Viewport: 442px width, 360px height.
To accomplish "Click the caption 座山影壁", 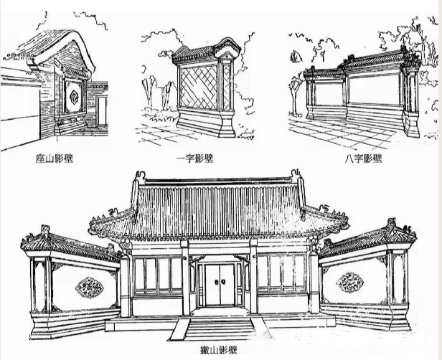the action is coord(55,158).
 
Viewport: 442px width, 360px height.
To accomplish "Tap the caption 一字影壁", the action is coord(194,158).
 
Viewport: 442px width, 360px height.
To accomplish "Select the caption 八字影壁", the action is coord(363,158).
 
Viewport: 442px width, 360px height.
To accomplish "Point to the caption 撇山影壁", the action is coord(218,350).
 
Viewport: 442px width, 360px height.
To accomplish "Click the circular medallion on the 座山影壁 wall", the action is coord(75,97).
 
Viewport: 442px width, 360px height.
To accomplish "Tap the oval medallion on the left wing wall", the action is coord(90,288).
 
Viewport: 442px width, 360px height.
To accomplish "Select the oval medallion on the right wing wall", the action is coord(350,283).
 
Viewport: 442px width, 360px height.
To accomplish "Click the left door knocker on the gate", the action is coord(215,282).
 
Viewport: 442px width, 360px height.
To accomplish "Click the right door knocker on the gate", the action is coord(222,282).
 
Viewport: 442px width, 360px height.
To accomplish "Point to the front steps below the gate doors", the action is coord(220,328).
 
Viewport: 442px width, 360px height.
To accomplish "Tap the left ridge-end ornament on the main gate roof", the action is coord(140,177).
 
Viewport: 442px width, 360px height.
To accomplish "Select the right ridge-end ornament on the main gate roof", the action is coord(296,176).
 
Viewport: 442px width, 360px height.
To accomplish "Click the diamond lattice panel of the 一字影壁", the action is coord(199,87).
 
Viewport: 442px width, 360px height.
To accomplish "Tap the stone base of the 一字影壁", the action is coord(207,123).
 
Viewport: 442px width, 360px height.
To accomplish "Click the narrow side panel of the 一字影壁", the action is coord(227,87).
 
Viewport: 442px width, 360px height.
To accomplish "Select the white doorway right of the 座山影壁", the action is coord(103,111).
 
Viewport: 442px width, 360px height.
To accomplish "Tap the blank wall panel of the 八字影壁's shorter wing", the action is coord(328,94).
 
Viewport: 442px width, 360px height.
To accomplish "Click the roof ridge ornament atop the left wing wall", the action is coord(45,230).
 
